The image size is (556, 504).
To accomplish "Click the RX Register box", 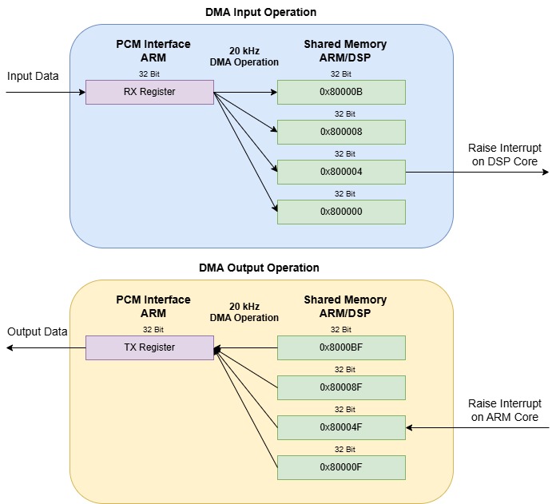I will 149,92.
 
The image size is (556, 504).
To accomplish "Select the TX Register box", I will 149,347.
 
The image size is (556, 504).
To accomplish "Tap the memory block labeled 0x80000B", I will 341,92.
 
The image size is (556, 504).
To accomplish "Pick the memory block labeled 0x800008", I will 341,132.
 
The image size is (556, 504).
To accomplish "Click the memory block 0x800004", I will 341,172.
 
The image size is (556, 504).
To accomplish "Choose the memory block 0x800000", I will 341,212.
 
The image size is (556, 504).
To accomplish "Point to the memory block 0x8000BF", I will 341,347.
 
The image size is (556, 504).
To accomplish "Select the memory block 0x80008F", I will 341,387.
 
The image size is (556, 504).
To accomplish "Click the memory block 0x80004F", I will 341,427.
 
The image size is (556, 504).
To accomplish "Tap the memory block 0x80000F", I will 341,467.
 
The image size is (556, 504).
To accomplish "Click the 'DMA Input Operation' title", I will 261,12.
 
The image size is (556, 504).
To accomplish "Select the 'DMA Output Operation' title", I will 259,268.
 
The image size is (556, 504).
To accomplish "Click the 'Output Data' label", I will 38,331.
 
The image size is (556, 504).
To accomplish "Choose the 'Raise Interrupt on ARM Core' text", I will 502,411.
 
